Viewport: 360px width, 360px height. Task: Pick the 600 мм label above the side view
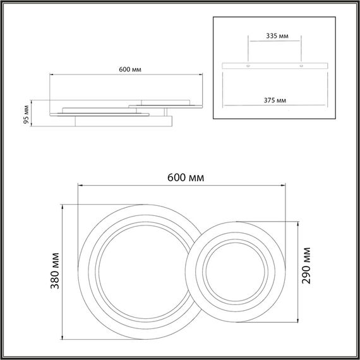click(x=129, y=69)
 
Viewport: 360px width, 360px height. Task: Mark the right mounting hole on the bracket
click(x=301, y=65)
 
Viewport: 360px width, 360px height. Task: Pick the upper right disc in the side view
click(x=165, y=102)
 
